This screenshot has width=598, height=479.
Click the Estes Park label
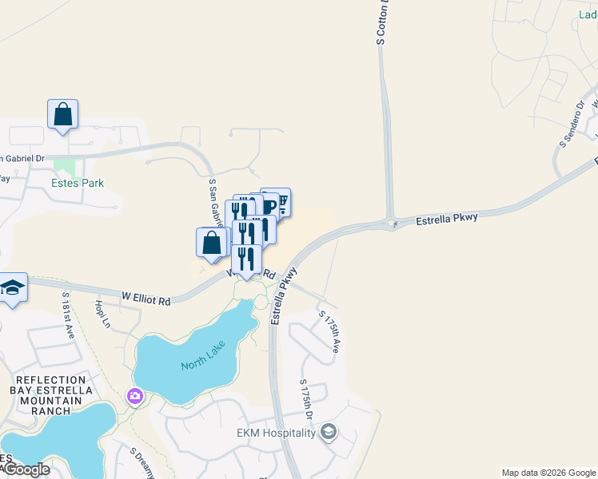click(78, 183)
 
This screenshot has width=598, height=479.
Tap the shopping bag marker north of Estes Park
click(62, 114)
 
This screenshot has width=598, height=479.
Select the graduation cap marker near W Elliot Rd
click(12, 287)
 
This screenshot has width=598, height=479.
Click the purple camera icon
click(134, 396)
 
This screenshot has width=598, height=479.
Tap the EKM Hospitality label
click(277, 433)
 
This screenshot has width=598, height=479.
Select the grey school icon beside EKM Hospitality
click(328, 433)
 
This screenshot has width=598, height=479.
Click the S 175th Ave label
click(330, 331)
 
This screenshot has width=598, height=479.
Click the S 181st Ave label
click(68, 316)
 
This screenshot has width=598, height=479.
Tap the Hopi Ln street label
click(102, 315)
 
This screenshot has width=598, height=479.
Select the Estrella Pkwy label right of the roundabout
click(447, 218)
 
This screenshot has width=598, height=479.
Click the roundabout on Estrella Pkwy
click(392, 224)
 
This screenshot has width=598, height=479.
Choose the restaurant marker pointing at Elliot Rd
click(246, 259)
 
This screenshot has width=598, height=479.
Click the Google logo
click(26, 469)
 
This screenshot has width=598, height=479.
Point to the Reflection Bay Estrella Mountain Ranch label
click(50, 395)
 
